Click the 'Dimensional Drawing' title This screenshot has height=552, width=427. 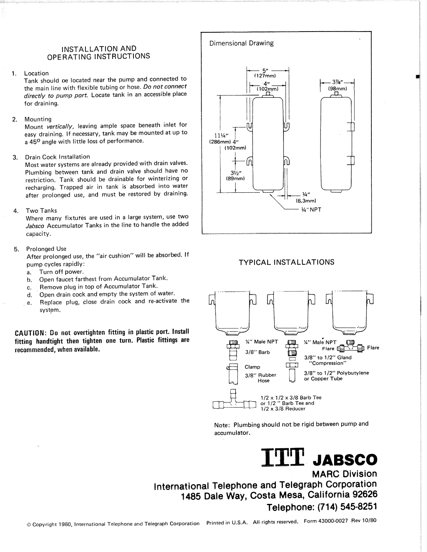[241, 43]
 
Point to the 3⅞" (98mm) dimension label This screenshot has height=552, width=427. [337, 85]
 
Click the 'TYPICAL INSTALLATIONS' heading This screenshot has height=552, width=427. [286, 262]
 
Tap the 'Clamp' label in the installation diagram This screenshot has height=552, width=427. [252, 367]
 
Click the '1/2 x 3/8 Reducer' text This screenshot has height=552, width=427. [283, 409]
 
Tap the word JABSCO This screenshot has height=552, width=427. [346, 459]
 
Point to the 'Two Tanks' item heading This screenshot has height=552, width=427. [41, 211]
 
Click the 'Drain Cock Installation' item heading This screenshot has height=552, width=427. [57, 157]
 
